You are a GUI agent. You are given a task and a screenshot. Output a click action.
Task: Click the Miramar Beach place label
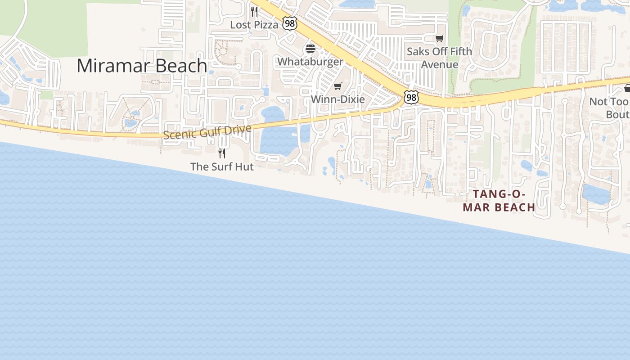pyautogui.click(x=141, y=66)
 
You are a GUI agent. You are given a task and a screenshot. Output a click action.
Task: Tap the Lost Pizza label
pyautogui.click(x=254, y=25)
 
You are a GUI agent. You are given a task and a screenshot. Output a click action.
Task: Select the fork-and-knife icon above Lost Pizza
pyautogui.click(x=254, y=12)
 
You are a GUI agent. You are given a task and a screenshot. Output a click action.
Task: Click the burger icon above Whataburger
pyautogui.click(x=310, y=49)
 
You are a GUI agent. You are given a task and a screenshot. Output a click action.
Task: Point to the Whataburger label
pyautogui.click(x=310, y=62)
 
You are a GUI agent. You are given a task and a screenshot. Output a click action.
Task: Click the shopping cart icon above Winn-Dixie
pyautogui.click(x=337, y=86)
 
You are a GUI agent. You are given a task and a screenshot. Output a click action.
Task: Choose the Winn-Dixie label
pyautogui.click(x=337, y=99)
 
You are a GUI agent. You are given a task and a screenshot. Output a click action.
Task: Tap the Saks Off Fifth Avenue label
pyautogui.click(x=439, y=58)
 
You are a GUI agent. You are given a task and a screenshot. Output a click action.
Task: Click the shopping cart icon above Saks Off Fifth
pyautogui.click(x=439, y=39)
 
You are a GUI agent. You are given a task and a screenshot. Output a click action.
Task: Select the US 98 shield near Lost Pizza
pyautogui.click(x=290, y=24)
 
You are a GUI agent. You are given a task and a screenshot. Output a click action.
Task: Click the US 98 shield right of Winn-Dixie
pyautogui.click(x=410, y=97)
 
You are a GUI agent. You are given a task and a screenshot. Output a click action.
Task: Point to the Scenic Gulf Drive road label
pyautogui.click(x=207, y=132)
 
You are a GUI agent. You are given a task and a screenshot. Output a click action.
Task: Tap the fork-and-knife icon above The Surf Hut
pyautogui.click(x=221, y=153)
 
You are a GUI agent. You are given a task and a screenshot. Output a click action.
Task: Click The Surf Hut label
pyautogui.click(x=222, y=166)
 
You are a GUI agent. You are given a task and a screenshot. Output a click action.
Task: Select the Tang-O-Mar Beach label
pyautogui.click(x=499, y=201)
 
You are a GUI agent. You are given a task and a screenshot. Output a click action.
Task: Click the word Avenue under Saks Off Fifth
pyautogui.click(x=439, y=64)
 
